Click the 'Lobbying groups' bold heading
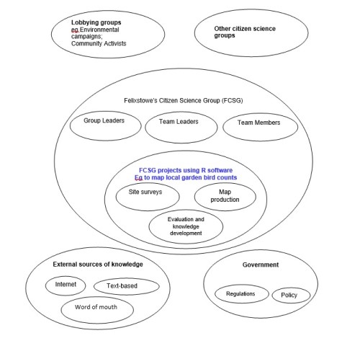point(96,22)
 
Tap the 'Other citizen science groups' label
point(245,32)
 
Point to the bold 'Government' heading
point(261,265)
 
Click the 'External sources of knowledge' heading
point(98,265)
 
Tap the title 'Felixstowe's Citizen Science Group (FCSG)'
point(184,100)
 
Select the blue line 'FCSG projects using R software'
point(186,170)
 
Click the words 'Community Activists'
point(99,43)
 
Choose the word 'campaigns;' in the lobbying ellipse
point(86,37)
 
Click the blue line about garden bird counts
point(186,177)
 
